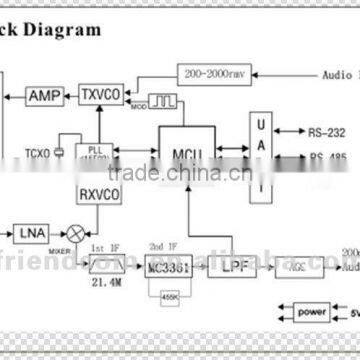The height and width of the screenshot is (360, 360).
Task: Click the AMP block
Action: tap(45, 95)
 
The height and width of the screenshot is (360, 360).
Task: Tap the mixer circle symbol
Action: tap(73, 234)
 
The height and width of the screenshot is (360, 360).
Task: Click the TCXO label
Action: tap(38, 151)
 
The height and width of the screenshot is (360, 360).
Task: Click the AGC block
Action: tap(296, 267)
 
